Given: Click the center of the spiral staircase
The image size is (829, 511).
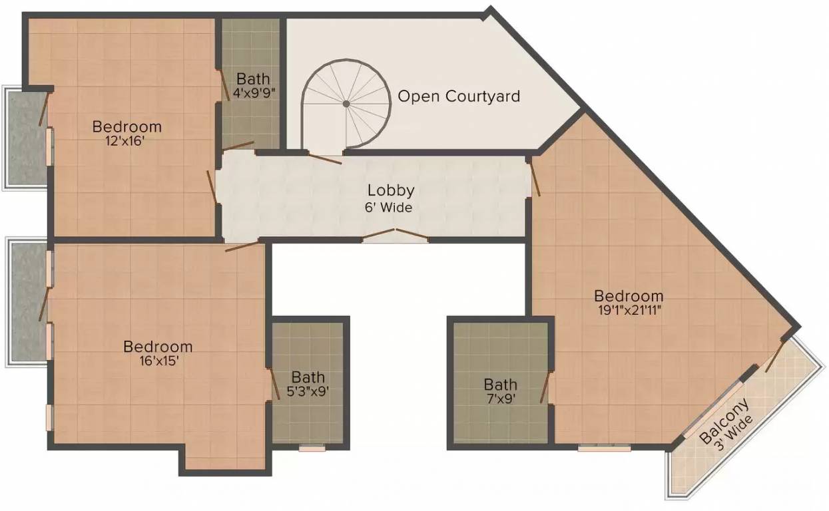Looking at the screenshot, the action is tap(346, 104).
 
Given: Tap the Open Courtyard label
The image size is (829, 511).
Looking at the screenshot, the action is tap(459, 96).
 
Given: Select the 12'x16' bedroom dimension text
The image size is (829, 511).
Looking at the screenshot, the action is tap(125, 141).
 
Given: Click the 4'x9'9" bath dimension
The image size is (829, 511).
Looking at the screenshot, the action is tap(254, 92).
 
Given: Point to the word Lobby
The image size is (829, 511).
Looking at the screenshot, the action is tap(391, 191).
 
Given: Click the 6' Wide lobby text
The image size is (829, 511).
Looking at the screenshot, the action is tap(389, 208).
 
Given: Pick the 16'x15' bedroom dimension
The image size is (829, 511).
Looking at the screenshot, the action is tap(159, 361).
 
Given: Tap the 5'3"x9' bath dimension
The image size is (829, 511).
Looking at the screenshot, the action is tap(308, 391).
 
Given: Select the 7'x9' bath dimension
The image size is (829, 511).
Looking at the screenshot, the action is tap(501, 399).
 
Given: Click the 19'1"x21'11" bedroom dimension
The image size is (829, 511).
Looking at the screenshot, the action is tap(629, 310).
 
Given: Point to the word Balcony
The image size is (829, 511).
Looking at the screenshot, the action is tap(724, 422).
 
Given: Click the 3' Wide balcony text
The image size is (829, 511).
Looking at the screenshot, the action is tap(734, 432).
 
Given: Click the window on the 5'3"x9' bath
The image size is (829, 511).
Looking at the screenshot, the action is tap(312, 448).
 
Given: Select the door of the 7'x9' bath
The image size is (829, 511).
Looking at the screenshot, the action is tap(545, 387).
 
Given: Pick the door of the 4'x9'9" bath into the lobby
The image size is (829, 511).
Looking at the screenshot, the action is tap(238, 146).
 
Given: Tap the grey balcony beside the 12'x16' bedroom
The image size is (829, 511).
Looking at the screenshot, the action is tap(27, 138).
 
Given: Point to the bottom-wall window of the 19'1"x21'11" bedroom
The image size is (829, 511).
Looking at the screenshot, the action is tap(605, 448).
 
